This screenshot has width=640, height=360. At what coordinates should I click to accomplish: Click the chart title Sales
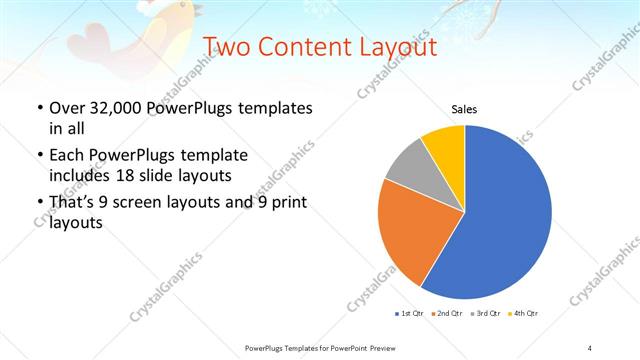coord(464,109)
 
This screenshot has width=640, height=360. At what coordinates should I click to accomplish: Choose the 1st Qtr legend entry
coord(410,314)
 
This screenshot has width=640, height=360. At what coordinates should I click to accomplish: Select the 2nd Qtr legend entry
coord(448,314)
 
